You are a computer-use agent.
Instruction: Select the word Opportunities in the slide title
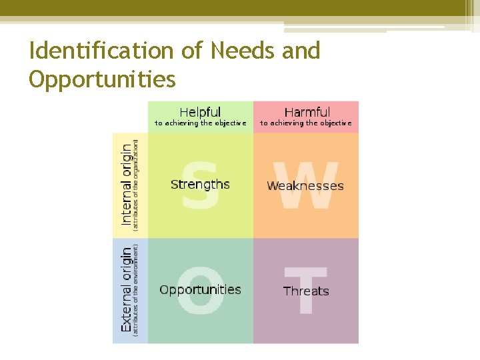click(x=102, y=79)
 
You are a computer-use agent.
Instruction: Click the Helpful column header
click(x=200, y=112)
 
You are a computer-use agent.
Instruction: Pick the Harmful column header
click(x=307, y=112)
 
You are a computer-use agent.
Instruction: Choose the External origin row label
click(x=126, y=290)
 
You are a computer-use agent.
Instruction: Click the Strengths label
click(x=200, y=185)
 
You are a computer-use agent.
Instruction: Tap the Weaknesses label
click(x=305, y=186)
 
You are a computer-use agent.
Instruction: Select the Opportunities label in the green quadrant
click(x=200, y=290)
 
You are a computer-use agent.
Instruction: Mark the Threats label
click(x=306, y=291)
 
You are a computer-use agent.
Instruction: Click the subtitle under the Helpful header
click(x=200, y=123)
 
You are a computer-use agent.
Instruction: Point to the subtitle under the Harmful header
click(x=306, y=123)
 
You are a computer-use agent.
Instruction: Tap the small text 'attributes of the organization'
click(x=137, y=185)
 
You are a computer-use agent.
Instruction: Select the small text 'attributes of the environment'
click(x=137, y=289)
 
